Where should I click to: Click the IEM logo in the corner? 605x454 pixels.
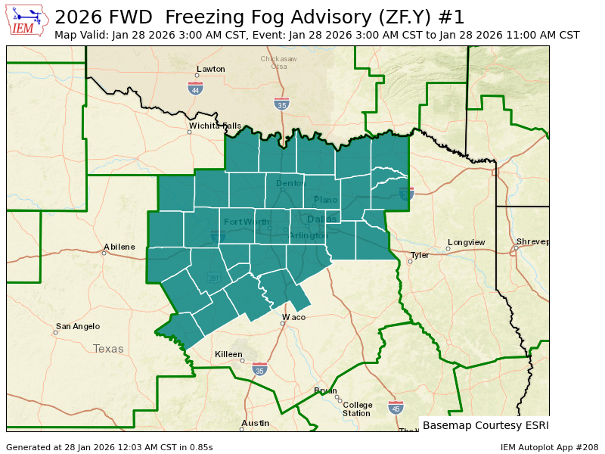[x=28, y=20]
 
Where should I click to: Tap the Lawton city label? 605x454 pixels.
[x=211, y=69]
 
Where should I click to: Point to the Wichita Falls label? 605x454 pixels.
[x=215, y=126]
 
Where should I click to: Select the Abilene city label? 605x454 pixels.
[x=119, y=247]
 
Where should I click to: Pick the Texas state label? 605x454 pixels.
[x=108, y=349]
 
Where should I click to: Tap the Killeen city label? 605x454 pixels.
[x=228, y=354]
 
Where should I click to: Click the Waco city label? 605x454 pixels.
[x=293, y=317]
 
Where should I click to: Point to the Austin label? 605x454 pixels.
[x=255, y=423]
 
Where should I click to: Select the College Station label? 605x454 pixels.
[x=357, y=409]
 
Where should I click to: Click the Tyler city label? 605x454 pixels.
[x=420, y=255]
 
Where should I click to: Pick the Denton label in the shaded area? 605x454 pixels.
[x=290, y=183]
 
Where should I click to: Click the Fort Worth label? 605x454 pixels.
[x=247, y=222]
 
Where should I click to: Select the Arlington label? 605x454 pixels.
[x=308, y=235]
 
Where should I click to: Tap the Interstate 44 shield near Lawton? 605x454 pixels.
[x=195, y=89]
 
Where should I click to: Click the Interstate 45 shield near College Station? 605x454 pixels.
[x=395, y=407]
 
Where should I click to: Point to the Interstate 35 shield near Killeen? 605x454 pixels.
[x=259, y=369]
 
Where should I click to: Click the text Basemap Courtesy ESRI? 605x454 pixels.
[x=486, y=425]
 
